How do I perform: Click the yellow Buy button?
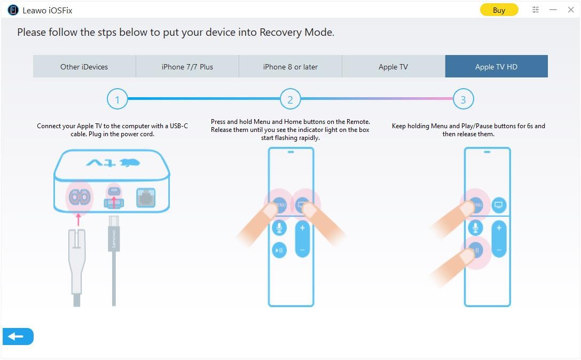(499, 10)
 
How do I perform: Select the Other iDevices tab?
(84, 67)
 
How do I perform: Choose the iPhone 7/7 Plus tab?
(187, 67)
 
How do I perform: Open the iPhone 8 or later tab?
(290, 67)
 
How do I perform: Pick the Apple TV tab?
(393, 67)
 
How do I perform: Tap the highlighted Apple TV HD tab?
(496, 67)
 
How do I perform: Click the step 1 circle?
(117, 99)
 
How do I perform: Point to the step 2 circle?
(290, 99)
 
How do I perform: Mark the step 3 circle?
(463, 99)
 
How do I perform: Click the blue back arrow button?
(18, 336)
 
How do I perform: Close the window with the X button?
(570, 10)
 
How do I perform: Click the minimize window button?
(553, 10)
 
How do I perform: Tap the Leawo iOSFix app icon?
(13, 10)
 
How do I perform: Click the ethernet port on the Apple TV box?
(146, 198)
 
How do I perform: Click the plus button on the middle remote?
(302, 228)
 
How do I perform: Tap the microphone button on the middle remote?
(279, 228)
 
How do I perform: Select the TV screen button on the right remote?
(499, 205)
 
